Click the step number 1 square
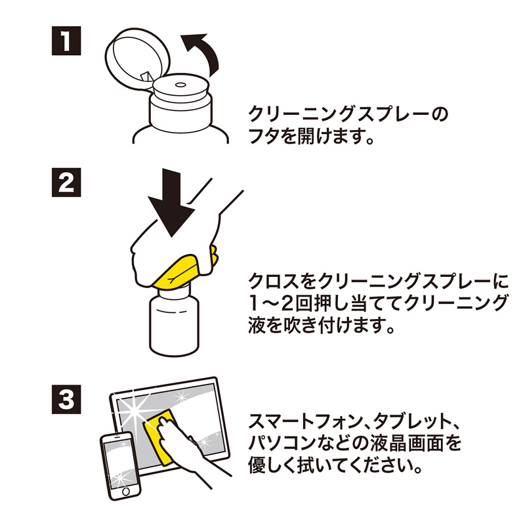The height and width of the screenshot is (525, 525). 66,42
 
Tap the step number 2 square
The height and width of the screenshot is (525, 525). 66,184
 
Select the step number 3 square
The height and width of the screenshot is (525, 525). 66,398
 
